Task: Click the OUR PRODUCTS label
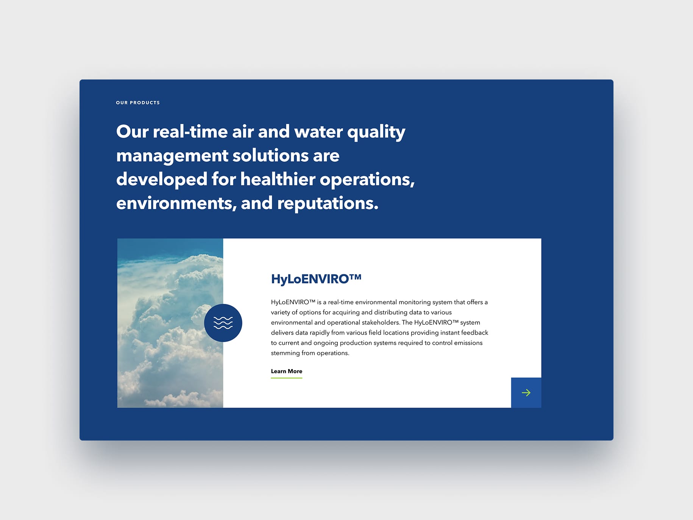tap(138, 103)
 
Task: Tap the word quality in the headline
tap(376, 133)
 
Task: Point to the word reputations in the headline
tap(328, 204)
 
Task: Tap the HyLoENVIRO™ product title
tap(316, 279)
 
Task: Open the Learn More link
tap(287, 371)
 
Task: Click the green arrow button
tap(526, 393)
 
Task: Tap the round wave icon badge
tap(223, 323)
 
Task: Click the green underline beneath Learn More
tap(287, 378)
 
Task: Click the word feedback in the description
tap(475, 333)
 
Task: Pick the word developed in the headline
tap(162, 179)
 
